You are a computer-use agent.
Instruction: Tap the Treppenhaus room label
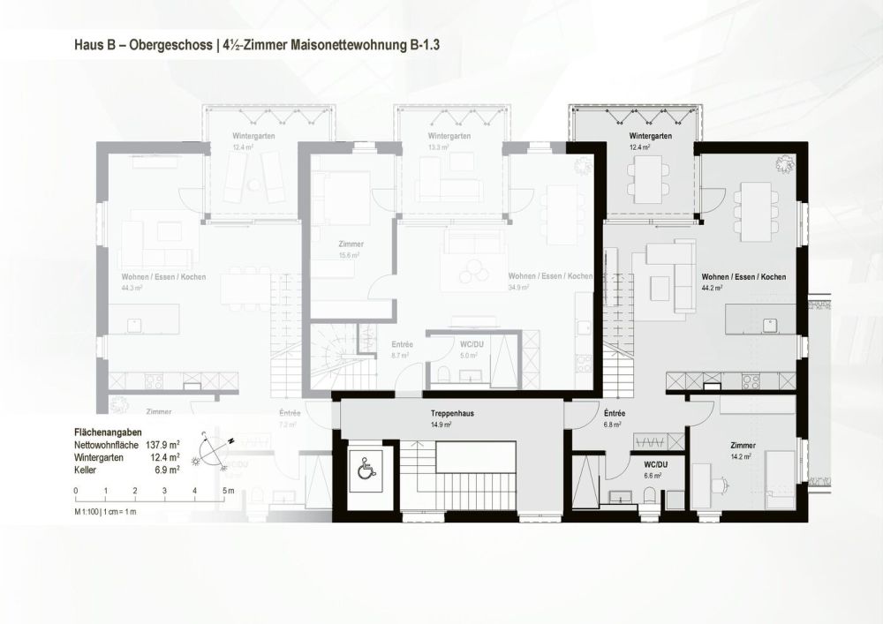click(449, 413)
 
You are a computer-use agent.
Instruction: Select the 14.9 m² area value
click(441, 425)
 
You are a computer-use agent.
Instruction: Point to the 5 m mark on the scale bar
click(226, 490)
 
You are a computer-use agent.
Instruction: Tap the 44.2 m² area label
click(712, 288)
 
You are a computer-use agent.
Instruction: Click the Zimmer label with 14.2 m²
click(743, 446)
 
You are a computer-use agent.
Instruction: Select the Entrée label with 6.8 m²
click(615, 413)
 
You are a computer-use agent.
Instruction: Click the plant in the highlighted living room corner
click(781, 163)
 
